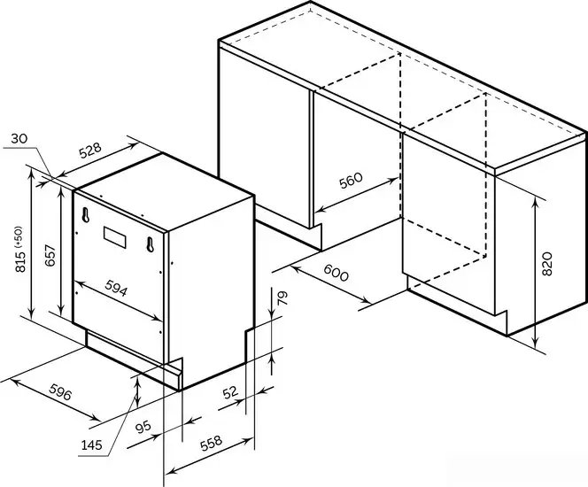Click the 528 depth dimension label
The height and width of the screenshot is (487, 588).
pos(90,150)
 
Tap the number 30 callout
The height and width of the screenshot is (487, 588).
pos(19,139)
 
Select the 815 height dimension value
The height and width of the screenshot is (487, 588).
pos(20,261)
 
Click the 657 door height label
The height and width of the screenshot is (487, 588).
pos(50,255)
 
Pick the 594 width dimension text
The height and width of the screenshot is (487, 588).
pos(116,288)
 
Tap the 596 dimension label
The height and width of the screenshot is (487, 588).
pos(60,391)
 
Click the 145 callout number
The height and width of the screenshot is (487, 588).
pos(92,445)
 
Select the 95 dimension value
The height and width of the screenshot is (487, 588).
pos(143,427)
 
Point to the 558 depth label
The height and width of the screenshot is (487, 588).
pos(211,443)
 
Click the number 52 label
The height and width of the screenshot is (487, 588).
pos(230,392)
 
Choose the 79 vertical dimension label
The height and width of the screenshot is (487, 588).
pos(283,298)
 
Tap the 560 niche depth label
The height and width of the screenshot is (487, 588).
pos(351,181)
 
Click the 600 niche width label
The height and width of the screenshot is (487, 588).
pos(336,273)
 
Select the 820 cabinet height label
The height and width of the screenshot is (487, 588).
pos(547,264)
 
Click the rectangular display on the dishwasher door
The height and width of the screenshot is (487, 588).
pos(115,237)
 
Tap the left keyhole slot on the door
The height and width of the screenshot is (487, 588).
pos(86,215)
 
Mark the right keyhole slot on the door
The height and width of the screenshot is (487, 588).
pos(151,244)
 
